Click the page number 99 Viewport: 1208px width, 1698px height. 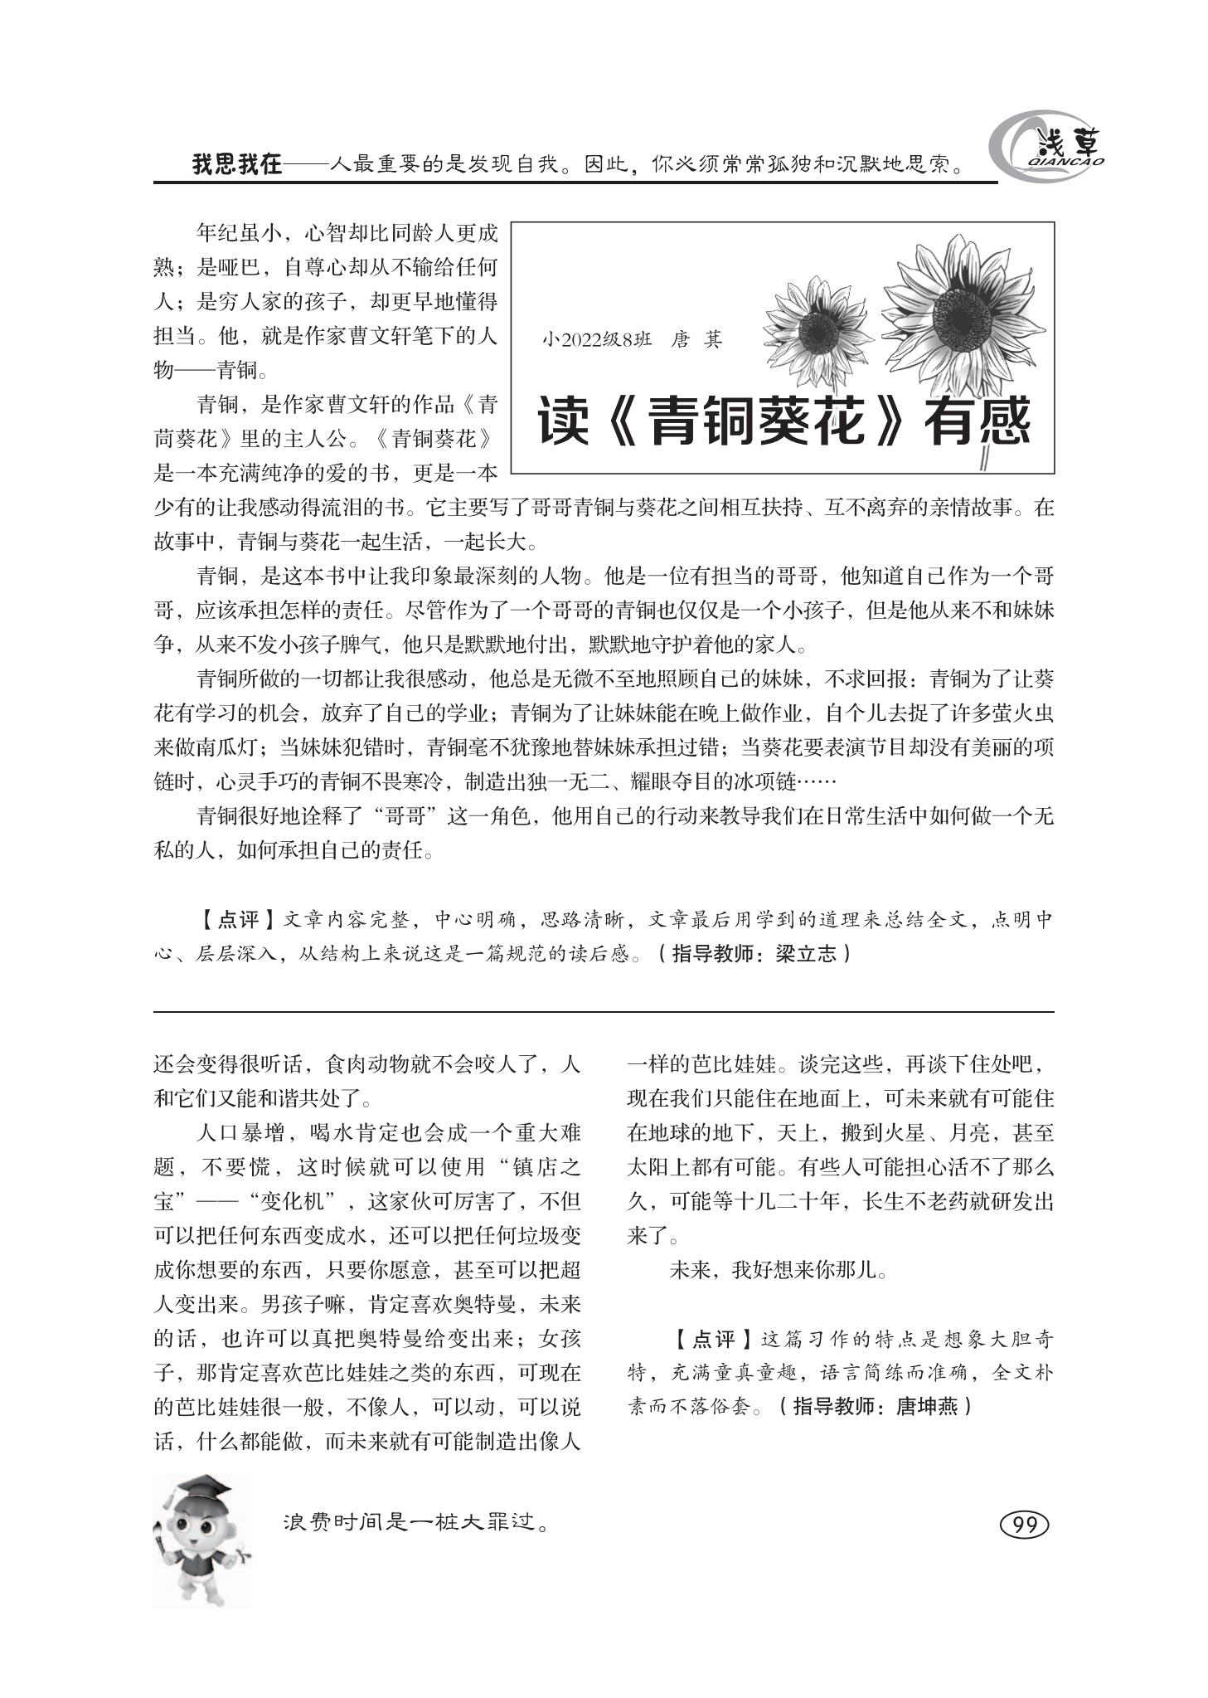[1026, 1525]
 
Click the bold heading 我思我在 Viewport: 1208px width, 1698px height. [237, 163]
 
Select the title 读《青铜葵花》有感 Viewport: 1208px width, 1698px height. [783, 421]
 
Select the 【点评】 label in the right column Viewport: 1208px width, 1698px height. [713, 1339]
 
